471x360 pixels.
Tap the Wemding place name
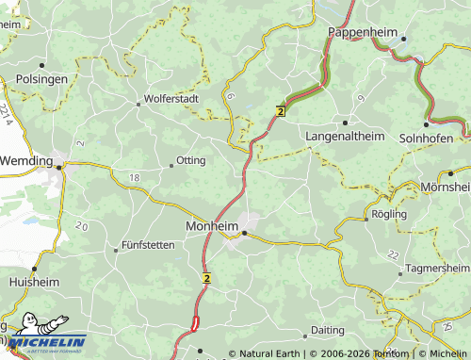coord(24,161)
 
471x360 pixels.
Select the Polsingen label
coord(41,79)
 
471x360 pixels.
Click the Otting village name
coord(190,160)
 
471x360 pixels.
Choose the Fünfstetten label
coord(148,245)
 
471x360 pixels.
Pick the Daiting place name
coord(328,330)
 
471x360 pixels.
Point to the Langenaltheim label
coord(346,137)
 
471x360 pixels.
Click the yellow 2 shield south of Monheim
coord(205,277)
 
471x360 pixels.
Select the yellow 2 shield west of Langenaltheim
coord(280,111)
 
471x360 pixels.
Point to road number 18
coord(135,177)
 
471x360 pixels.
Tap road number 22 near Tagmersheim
coord(393,255)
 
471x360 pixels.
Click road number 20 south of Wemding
coord(81,226)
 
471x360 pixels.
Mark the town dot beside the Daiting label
coord(305,335)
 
